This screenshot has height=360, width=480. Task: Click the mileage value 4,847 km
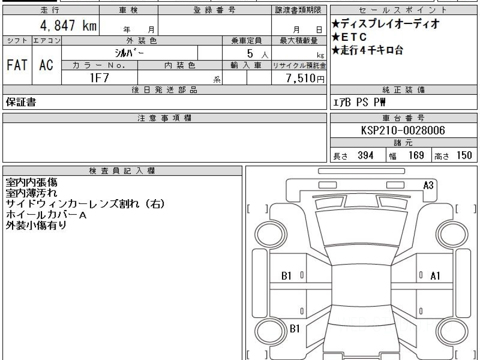(x=68, y=25)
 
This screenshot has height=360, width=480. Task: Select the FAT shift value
(x=17, y=65)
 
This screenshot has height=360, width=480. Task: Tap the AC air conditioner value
(x=46, y=65)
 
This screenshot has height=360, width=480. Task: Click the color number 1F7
(x=100, y=78)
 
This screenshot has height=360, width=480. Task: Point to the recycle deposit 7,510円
(x=305, y=78)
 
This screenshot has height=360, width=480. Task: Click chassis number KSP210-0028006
(x=403, y=130)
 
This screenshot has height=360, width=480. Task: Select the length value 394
(x=366, y=156)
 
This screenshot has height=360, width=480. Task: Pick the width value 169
(x=416, y=156)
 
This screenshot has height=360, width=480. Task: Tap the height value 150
(x=464, y=156)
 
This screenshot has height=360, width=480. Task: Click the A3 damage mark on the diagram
(x=428, y=185)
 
